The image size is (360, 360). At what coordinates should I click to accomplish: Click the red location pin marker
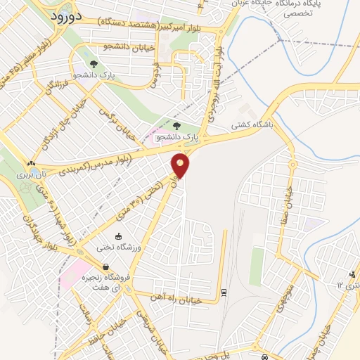point(181,165)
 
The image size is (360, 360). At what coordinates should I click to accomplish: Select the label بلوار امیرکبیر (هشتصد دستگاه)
point(165,26)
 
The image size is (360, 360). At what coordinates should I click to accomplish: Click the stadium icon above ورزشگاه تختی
point(119,236)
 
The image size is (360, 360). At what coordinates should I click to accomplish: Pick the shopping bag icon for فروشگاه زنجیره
point(105,267)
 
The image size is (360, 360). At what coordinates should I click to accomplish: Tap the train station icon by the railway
point(224,292)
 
